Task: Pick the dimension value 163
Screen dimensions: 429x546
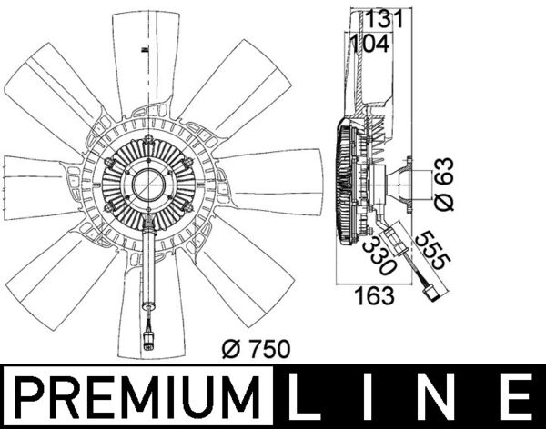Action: (x=374, y=295)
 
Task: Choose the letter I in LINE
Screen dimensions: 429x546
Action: (x=378, y=397)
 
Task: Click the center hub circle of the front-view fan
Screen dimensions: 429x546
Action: (x=147, y=187)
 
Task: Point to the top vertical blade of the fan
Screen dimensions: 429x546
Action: (x=146, y=55)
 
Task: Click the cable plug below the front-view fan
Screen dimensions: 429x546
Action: (x=147, y=343)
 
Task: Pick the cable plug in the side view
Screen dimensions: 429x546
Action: (x=429, y=293)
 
